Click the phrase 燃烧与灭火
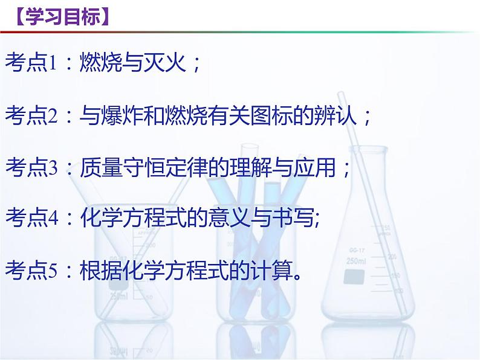pos(132,63)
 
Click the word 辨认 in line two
pos(343,115)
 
